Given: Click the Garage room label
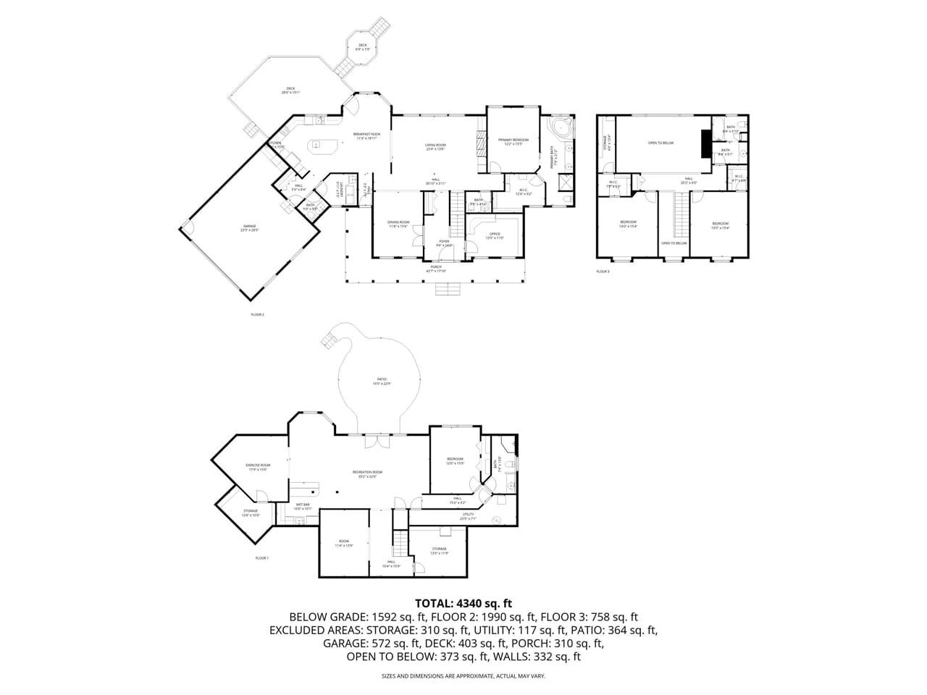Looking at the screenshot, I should click(x=250, y=228).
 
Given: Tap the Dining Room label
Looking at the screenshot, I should click(x=398, y=224).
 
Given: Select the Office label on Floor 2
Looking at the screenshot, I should click(x=495, y=235).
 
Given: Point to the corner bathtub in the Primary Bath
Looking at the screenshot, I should click(x=560, y=129).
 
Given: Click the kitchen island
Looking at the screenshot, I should click(x=323, y=146).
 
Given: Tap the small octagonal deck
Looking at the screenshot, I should click(x=362, y=47).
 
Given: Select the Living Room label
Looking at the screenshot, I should click(x=435, y=147).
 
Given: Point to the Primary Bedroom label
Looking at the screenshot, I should click(x=513, y=141).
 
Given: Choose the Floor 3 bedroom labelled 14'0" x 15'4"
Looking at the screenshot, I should click(x=628, y=224).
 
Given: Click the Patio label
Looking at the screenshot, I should click(x=382, y=381).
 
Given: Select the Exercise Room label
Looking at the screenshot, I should click(x=258, y=466).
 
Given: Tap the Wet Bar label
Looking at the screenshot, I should click(x=303, y=506).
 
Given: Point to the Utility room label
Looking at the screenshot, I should click(x=467, y=515).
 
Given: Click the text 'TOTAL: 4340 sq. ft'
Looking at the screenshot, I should click(x=463, y=602).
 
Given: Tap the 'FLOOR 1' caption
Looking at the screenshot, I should click(x=261, y=558).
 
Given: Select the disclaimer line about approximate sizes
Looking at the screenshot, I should click(x=463, y=676).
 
